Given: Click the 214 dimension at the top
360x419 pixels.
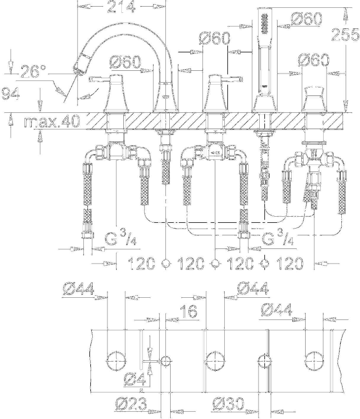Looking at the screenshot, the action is click(x=121, y=7).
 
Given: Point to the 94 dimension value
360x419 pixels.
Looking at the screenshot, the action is click(x=11, y=94).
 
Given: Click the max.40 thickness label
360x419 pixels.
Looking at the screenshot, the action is click(x=52, y=122).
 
